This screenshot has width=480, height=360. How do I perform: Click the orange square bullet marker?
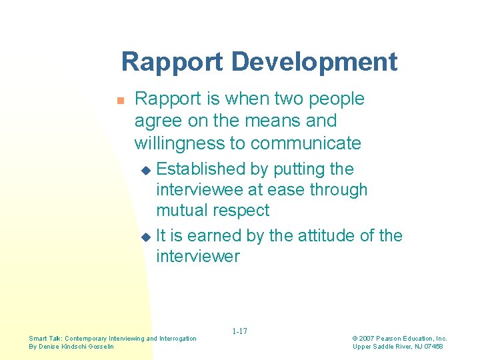tap(121, 101)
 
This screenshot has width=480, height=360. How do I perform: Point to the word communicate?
tap(305, 143)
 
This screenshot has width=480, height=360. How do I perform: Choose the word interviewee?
tap(199, 189)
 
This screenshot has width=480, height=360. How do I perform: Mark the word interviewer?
tap(197, 256)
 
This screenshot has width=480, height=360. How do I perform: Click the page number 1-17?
tap(240, 331)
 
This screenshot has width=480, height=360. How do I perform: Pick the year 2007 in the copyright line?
tap(368, 339)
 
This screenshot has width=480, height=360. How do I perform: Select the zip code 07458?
tap(432, 346)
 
